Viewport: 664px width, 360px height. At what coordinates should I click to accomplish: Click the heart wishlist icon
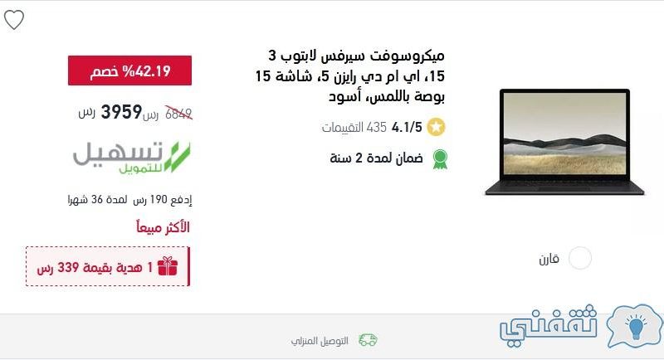pyautogui.click(x=14, y=20)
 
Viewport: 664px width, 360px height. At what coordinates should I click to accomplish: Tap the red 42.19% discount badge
pyautogui.click(x=129, y=71)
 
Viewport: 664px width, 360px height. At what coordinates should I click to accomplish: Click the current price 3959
pyautogui.click(x=121, y=112)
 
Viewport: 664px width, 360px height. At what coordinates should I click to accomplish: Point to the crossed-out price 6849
pyautogui.click(x=178, y=114)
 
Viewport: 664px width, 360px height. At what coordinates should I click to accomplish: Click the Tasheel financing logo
pyautogui.click(x=132, y=157)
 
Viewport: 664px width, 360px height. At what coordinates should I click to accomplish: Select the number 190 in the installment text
pyautogui.click(x=159, y=199)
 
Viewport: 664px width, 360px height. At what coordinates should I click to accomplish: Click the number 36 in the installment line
pyautogui.click(x=97, y=199)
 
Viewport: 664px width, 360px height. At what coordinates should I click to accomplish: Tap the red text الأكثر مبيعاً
pyautogui.click(x=163, y=227)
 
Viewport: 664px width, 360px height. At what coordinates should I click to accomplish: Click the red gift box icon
pyautogui.click(x=168, y=266)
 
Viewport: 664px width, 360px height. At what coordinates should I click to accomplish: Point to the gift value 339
pyautogui.click(x=68, y=267)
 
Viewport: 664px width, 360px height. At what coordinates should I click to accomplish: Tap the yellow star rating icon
pyautogui.click(x=437, y=127)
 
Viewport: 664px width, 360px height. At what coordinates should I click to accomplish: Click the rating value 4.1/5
pyautogui.click(x=407, y=127)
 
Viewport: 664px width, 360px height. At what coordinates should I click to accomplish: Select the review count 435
pyautogui.click(x=377, y=127)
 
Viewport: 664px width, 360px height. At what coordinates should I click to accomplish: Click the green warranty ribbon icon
pyautogui.click(x=440, y=159)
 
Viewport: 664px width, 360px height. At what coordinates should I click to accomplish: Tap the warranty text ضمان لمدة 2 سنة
pyautogui.click(x=377, y=158)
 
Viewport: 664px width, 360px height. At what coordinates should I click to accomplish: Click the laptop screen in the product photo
pyautogui.click(x=565, y=134)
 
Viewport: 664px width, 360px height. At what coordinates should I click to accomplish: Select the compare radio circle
pyautogui.click(x=579, y=258)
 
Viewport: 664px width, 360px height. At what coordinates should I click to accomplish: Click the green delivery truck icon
pyautogui.click(x=368, y=340)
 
